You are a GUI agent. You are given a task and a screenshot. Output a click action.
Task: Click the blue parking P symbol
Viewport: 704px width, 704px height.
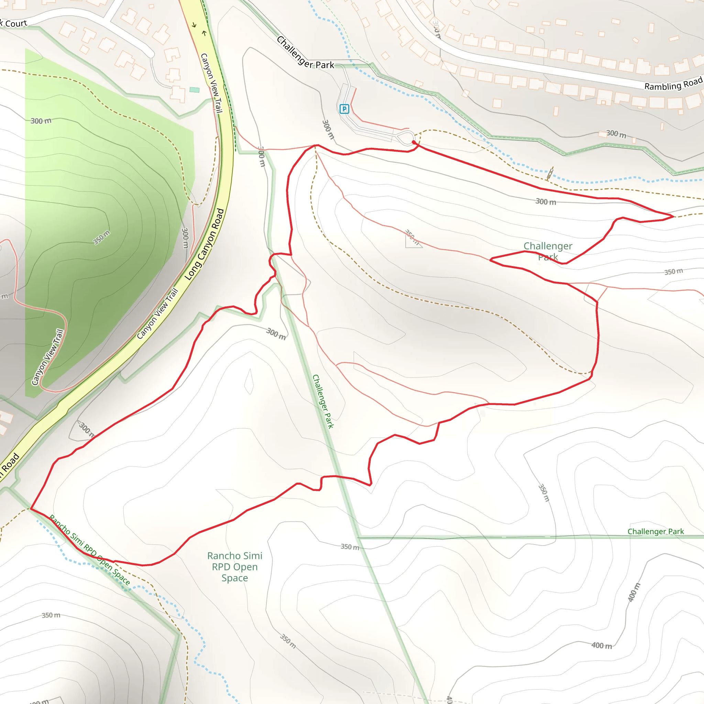(344, 109)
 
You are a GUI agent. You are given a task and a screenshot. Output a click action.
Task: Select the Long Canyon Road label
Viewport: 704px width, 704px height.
(205, 244)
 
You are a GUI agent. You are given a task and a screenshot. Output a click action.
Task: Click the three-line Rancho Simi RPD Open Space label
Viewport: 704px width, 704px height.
(235, 566)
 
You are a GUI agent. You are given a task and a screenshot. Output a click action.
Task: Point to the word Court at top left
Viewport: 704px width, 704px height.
(16, 24)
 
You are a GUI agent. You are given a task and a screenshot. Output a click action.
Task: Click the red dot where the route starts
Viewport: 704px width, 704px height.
(414, 142)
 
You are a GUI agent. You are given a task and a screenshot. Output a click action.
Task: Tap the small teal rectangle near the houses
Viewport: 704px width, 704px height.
(195, 90)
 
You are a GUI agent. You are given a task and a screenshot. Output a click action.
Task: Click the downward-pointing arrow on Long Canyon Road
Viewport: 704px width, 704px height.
(194, 25)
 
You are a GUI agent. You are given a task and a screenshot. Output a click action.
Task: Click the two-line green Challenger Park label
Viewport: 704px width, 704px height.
(548, 251)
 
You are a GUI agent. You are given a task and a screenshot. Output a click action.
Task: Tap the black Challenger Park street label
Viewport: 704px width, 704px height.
(305, 53)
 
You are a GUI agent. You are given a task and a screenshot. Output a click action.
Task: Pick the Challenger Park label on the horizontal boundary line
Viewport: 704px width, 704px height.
(656, 532)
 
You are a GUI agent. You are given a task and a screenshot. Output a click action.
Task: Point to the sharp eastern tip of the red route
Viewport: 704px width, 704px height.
(674, 217)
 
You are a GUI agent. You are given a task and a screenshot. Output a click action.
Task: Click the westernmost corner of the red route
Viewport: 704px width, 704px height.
(31, 509)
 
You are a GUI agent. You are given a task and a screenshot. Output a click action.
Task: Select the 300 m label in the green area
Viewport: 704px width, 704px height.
(41, 121)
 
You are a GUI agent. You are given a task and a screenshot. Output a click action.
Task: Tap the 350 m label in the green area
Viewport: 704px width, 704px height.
(101, 238)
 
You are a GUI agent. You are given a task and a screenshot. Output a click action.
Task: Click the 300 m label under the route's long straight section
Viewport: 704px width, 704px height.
(546, 201)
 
